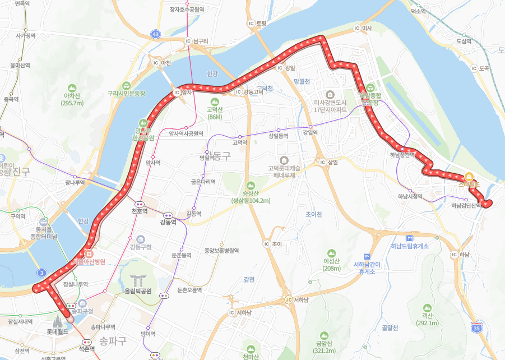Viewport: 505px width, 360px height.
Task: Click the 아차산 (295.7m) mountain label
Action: point(72,99)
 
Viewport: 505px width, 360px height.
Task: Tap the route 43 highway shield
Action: point(156,35)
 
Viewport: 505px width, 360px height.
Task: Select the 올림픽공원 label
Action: point(138,291)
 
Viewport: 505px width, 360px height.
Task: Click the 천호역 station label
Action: point(139,211)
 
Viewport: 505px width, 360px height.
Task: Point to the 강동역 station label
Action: point(168,222)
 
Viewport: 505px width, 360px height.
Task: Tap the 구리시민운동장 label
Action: point(126,93)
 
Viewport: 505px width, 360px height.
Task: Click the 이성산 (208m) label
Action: point(332,264)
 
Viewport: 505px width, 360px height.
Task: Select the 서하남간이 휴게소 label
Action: point(367,267)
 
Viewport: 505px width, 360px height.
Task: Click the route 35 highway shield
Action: point(476,327)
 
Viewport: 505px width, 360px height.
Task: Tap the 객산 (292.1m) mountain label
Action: point(427,319)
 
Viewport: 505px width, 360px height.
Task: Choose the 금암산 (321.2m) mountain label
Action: point(325,347)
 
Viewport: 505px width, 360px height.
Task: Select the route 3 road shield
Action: point(41,273)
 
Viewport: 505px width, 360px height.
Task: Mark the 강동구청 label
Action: point(140,247)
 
